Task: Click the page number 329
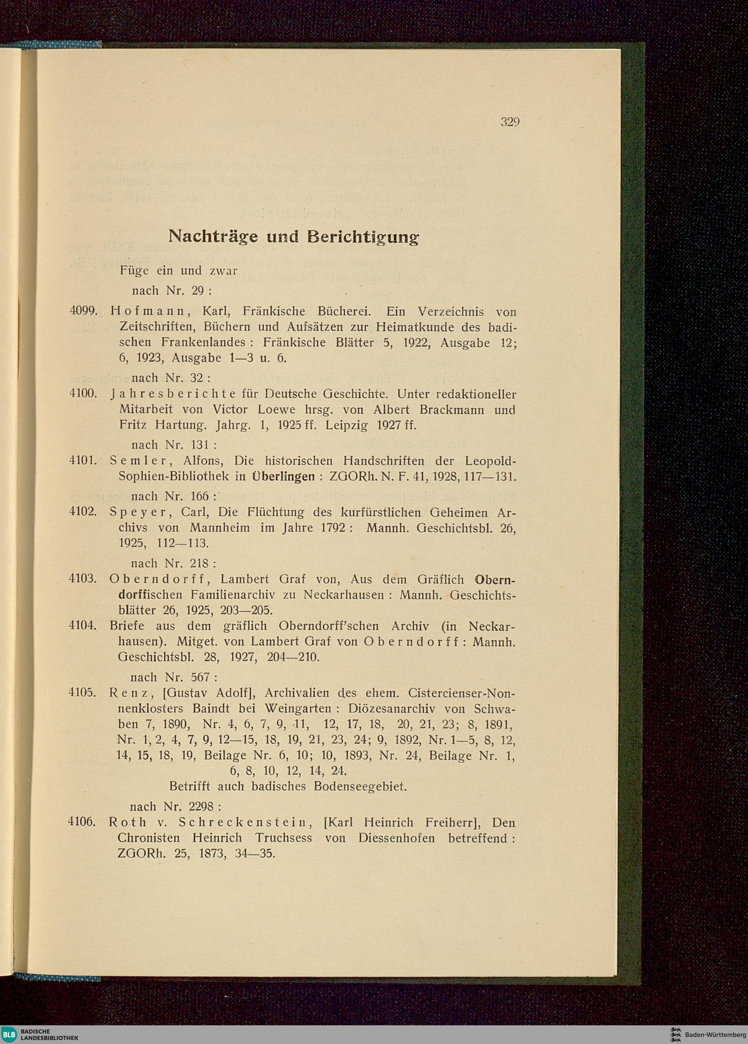point(510,122)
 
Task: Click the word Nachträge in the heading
point(213,236)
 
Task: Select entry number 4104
point(82,626)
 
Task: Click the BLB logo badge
point(9,1034)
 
